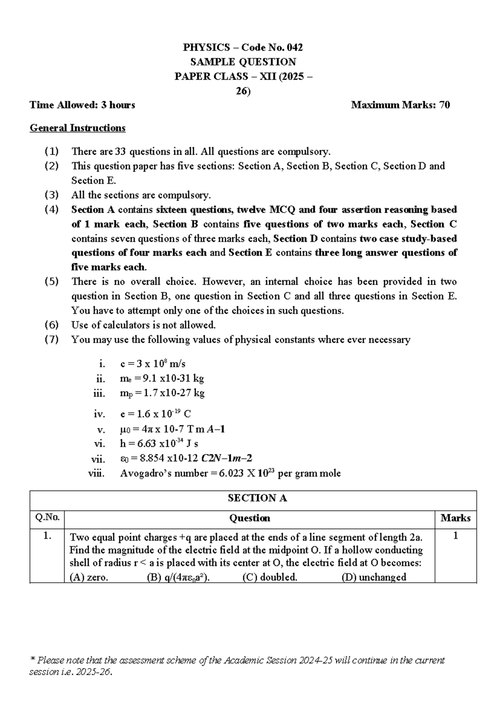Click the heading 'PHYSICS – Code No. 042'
pos(243,48)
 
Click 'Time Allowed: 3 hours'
pos(82,105)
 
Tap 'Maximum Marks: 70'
pos(400,105)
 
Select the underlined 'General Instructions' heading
pos(77,128)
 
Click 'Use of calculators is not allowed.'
pos(143,325)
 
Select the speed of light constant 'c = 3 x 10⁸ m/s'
pos(152,364)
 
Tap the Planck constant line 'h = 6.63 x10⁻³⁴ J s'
pos(159,444)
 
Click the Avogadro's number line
pos(230,474)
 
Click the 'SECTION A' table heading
pos(257,499)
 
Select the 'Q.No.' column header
pos(47,518)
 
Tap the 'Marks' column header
pos(455,518)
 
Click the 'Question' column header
pos(250,518)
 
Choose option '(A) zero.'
pos(89,578)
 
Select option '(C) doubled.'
pos(270,578)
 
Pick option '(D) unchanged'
pos(374,578)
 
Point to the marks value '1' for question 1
pos(455,536)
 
